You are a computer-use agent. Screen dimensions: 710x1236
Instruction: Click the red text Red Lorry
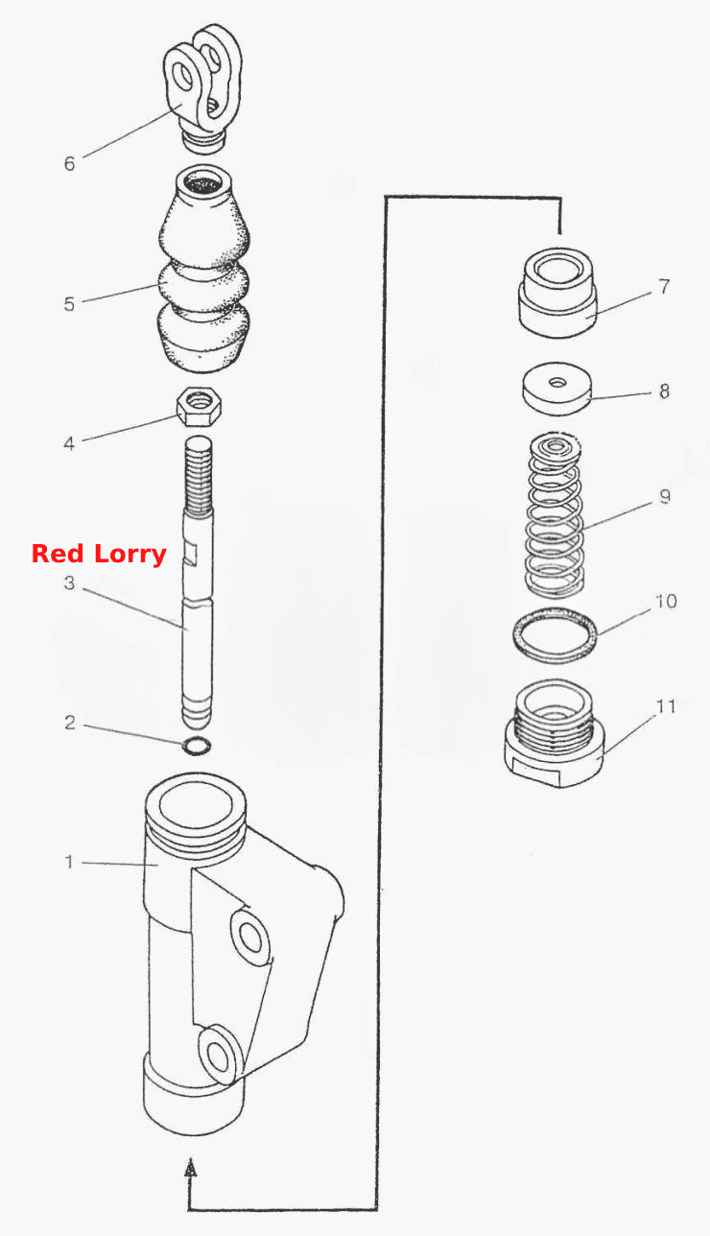coord(99,554)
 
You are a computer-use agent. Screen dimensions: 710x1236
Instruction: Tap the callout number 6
coord(69,164)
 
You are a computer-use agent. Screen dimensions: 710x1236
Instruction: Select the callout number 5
coord(69,304)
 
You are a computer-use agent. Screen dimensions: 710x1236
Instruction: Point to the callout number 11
coord(667,706)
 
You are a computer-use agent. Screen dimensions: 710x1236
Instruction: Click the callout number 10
coord(666,601)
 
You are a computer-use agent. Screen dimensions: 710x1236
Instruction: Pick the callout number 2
coord(69,723)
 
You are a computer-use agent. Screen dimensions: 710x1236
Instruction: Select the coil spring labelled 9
coord(555,514)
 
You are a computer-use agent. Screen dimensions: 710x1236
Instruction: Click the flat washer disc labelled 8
coord(556,389)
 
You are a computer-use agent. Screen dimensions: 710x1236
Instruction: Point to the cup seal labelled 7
coord(557,292)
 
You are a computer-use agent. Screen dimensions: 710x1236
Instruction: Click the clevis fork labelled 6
coord(202,88)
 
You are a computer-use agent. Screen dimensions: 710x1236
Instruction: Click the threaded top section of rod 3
coord(199,473)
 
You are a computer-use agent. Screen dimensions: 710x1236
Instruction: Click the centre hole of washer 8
coord(557,382)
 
